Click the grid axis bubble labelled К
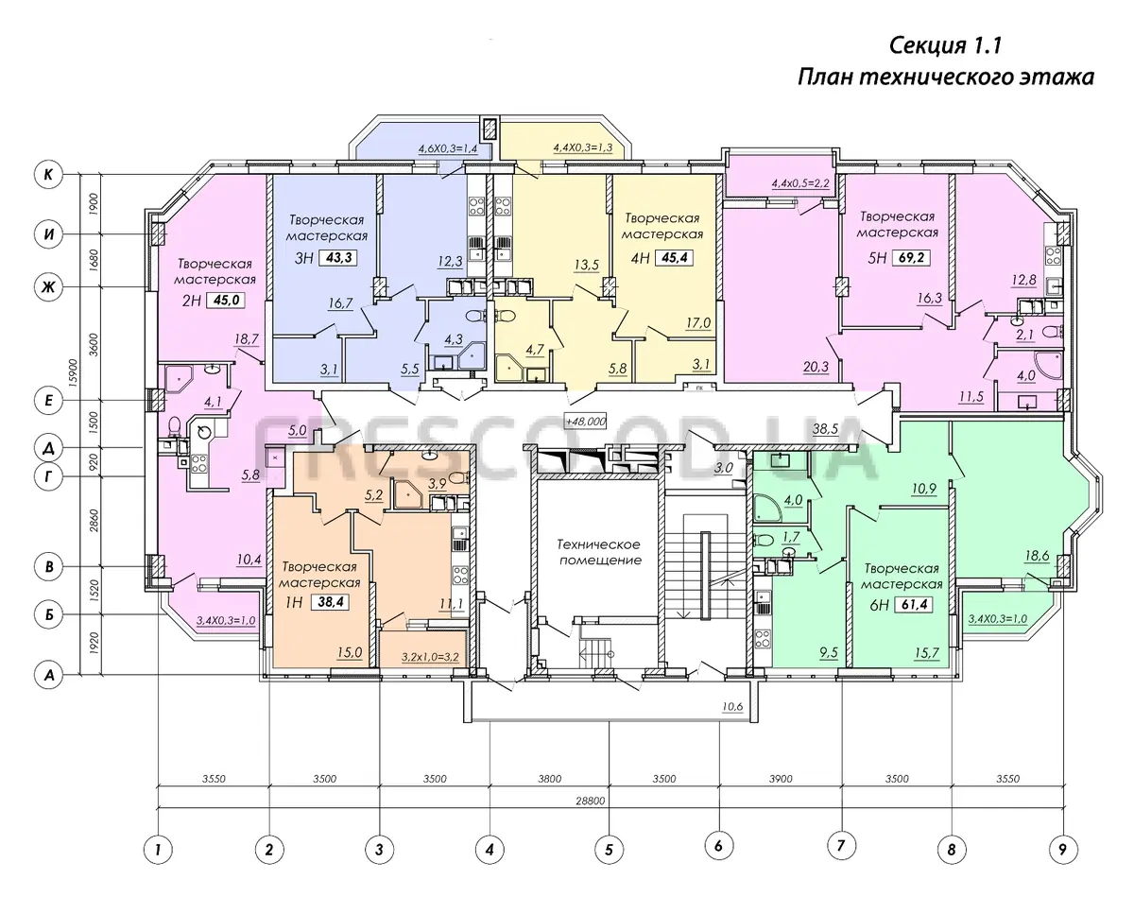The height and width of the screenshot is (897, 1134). pyautogui.click(x=48, y=174)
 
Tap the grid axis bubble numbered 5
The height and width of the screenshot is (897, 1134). pyautogui.click(x=610, y=850)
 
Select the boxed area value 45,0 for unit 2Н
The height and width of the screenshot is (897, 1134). pyautogui.click(x=226, y=301)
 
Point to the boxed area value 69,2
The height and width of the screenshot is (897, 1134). pyautogui.click(x=911, y=258)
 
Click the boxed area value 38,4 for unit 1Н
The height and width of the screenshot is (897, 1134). pyautogui.click(x=331, y=601)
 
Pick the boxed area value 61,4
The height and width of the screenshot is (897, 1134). pyautogui.click(x=914, y=604)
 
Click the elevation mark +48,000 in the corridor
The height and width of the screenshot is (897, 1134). pyautogui.click(x=585, y=422)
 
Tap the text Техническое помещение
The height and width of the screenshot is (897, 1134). pyautogui.click(x=600, y=552)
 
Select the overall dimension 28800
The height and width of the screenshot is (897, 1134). pyautogui.click(x=590, y=802)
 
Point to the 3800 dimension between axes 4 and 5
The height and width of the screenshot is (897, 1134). pyautogui.click(x=550, y=779)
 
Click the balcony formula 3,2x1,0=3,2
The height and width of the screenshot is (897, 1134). pyautogui.click(x=430, y=657)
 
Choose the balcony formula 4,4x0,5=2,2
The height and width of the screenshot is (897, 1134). pyautogui.click(x=800, y=183)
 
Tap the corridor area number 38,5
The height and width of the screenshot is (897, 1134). pyautogui.click(x=825, y=429)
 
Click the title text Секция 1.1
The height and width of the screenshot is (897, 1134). pyautogui.click(x=945, y=46)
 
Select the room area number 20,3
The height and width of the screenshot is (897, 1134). pyautogui.click(x=816, y=367)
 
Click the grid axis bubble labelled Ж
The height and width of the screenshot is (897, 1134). pyautogui.click(x=48, y=287)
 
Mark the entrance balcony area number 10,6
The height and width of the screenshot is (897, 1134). pyautogui.click(x=732, y=707)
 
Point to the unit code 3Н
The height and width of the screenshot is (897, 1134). pyautogui.click(x=304, y=258)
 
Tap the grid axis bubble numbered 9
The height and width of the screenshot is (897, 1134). pyautogui.click(x=1062, y=850)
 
